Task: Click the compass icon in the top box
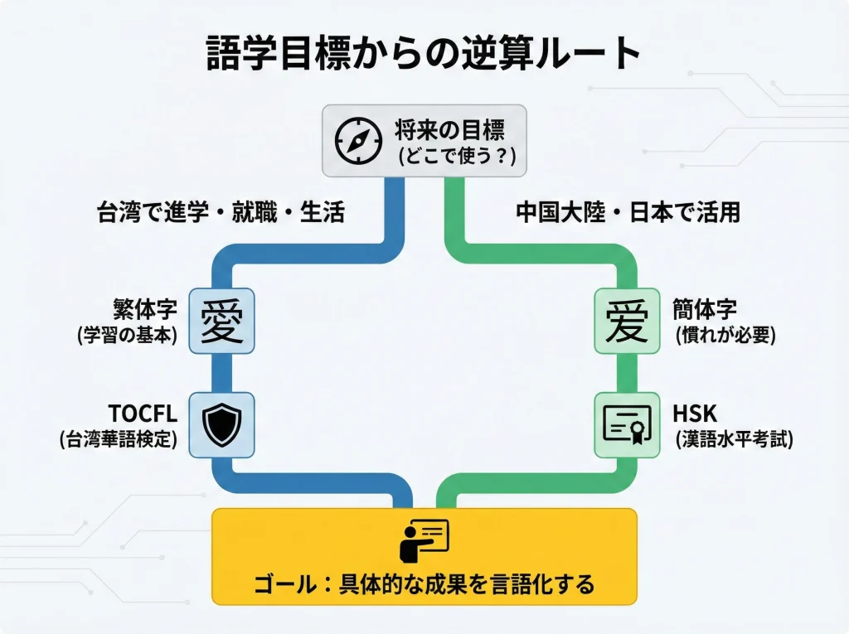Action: (x=358, y=141)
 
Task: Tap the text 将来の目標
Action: (x=449, y=128)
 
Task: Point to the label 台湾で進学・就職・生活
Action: (x=221, y=212)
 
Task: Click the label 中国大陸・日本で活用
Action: (x=628, y=212)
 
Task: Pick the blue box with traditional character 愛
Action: (x=221, y=321)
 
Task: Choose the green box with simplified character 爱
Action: (x=627, y=321)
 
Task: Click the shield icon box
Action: (x=221, y=424)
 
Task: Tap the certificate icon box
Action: (x=627, y=424)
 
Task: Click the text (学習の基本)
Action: (x=128, y=336)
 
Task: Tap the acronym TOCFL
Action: (x=143, y=413)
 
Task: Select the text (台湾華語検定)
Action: (x=119, y=440)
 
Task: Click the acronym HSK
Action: (x=695, y=413)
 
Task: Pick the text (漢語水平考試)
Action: (x=733, y=440)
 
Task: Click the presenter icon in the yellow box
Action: (x=424, y=540)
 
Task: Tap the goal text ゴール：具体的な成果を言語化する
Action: (x=424, y=584)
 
